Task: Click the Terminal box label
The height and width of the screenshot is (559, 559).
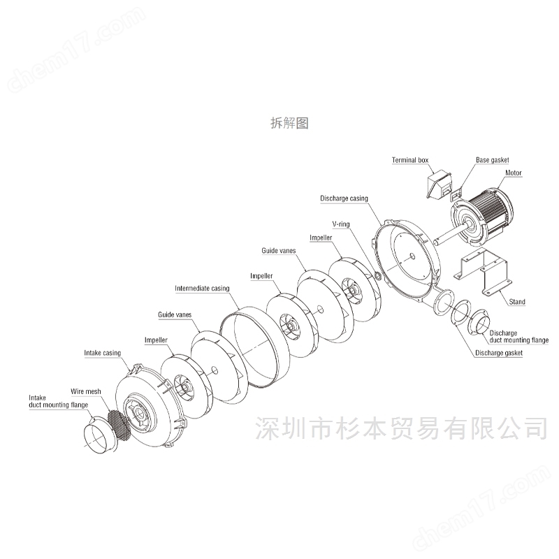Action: point(410,160)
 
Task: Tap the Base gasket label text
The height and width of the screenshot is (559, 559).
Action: point(493,160)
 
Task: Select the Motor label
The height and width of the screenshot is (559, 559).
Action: point(514,173)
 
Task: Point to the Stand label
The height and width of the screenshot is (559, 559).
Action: point(517,302)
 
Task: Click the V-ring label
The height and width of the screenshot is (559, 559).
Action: point(341,224)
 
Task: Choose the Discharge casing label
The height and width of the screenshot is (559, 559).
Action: point(344,198)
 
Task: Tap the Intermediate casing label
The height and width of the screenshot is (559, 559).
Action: point(202,289)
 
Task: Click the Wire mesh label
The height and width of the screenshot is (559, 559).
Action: point(85,391)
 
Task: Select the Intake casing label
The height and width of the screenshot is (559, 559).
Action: point(102,353)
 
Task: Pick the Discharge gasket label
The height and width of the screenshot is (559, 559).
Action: point(499,353)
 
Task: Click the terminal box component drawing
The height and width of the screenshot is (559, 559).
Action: point(439,184)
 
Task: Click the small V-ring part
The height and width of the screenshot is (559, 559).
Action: point(379,276)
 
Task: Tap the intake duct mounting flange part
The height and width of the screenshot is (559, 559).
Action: point(99,435)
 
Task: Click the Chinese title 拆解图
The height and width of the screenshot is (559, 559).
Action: point(289,123)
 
